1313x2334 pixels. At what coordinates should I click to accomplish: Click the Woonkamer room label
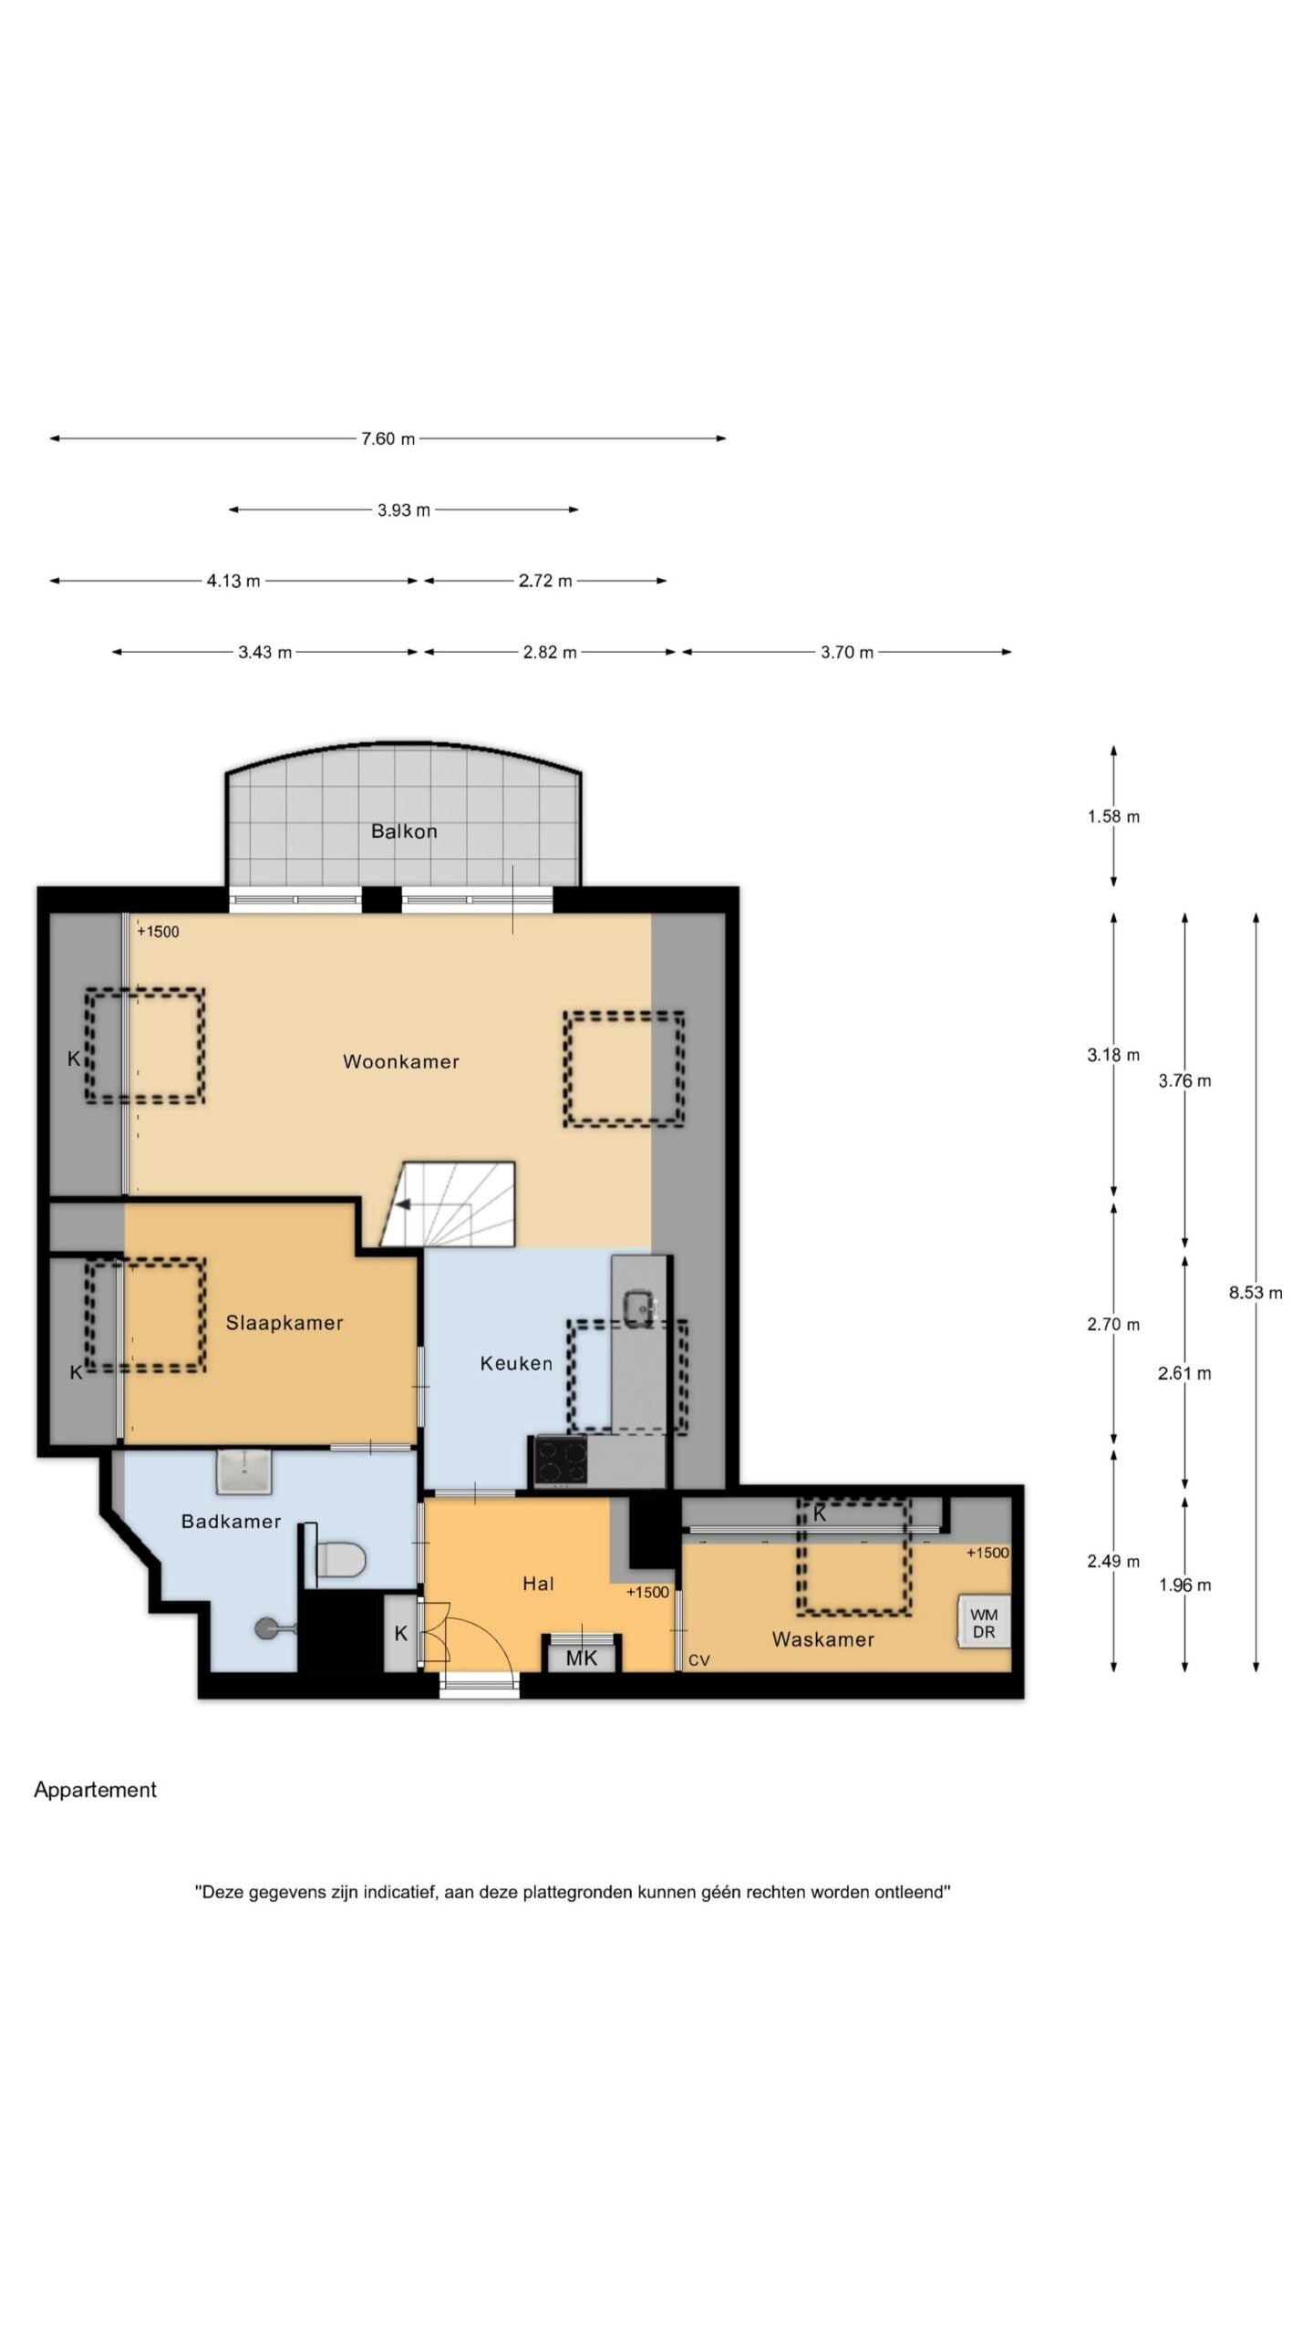pos(400,1061)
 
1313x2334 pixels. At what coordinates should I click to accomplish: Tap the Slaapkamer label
pos(284,1323)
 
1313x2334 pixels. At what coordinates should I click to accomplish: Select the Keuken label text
pos(516,1363)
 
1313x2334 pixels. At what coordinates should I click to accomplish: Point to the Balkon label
pos(404,831)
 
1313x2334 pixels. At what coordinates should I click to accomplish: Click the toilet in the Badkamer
pos(339,1558)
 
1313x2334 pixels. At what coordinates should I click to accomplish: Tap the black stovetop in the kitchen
pos(560,1460)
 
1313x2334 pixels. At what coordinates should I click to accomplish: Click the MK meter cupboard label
pos(581,1658)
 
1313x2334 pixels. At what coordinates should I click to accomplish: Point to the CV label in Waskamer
pos(698,1661)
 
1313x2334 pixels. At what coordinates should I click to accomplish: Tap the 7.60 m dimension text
pos(388,439)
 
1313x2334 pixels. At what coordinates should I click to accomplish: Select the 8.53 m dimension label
pos(1256,1293)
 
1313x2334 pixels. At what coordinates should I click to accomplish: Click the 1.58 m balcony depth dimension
pos(1113,817)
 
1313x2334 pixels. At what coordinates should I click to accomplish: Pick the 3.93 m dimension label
pos(404,510)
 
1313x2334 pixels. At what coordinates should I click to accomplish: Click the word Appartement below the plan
pos(95,1790)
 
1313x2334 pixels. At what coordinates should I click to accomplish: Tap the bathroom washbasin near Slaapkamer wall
pos(244,1471)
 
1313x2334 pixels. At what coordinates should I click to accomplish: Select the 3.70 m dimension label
pos(847,652)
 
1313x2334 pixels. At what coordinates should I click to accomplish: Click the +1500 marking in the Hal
pos(647,1592)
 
